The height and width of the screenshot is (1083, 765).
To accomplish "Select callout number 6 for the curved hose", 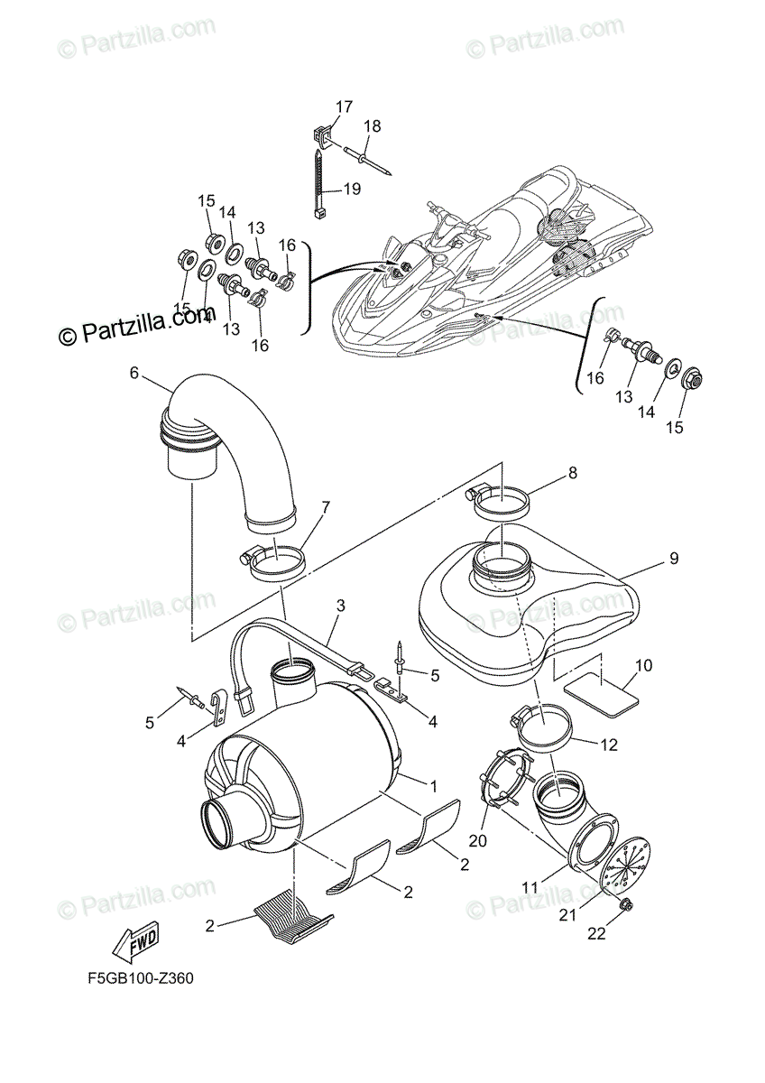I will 134,372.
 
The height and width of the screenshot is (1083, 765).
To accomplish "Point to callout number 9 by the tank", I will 673,559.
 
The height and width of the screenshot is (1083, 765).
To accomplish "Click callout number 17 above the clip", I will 345,106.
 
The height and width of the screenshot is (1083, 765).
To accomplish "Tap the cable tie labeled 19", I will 320,185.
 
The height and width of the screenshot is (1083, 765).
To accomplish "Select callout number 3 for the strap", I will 339,606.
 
